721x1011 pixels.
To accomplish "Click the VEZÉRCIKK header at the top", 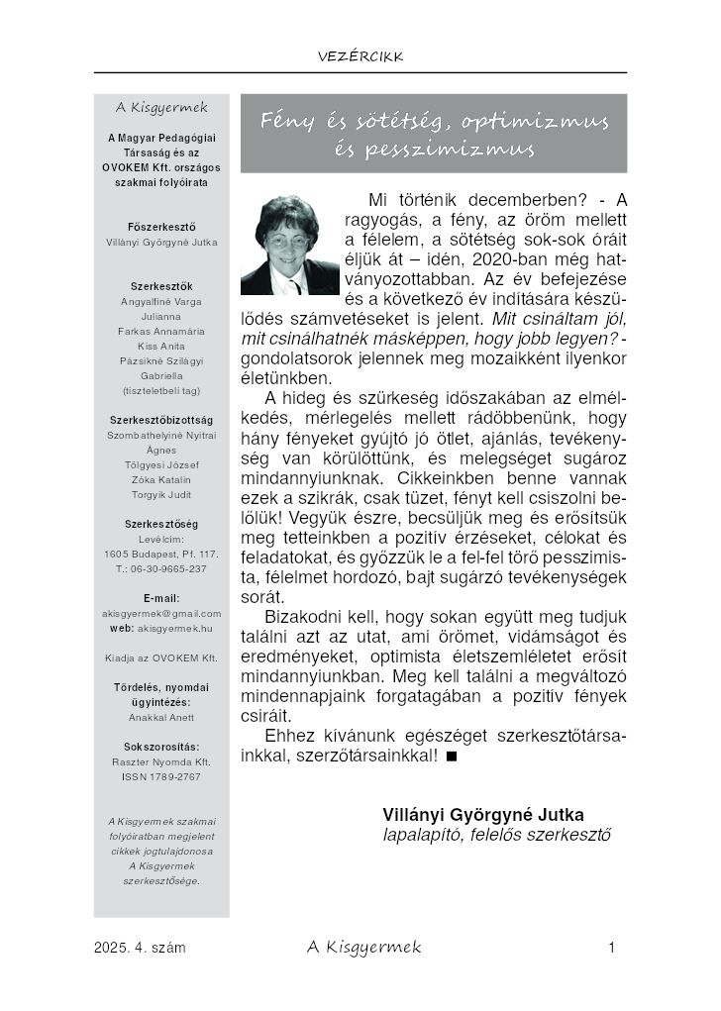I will [360, 56].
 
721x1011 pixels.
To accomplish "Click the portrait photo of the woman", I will [289, 244].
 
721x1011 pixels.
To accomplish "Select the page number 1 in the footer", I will [613, 949].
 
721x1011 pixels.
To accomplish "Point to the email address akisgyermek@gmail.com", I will [161, 613].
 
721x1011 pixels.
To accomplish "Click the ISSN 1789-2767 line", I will [161, 776].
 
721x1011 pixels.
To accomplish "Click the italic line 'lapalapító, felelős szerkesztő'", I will [496, 834].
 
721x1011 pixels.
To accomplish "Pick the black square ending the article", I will [452, 758].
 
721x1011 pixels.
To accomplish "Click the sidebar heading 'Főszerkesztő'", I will [161, 227].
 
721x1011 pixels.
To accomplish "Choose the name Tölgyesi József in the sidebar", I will [161, 464].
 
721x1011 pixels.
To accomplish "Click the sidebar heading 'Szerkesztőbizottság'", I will [161, 420].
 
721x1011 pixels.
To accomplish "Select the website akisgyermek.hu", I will [175, 628].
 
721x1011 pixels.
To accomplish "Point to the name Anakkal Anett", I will [161, 717].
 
